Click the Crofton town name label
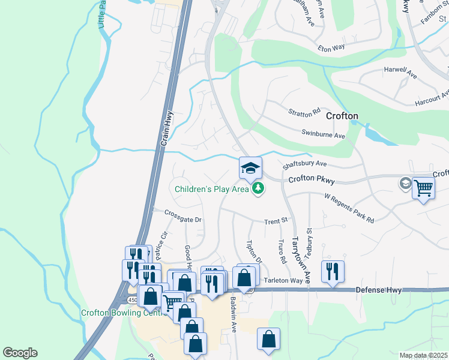tap(342, 116)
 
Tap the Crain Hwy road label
tap(167, 128)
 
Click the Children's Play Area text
tap(211, 189)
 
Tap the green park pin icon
tap(258, 188)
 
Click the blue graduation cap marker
tap(250, 167)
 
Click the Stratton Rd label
tap(305, 112)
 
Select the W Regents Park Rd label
tap(349, 208)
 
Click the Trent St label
tap(277, 221)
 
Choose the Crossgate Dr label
tap(183, 220)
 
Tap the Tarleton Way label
tap(284, 280)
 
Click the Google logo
tap(20, 353)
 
